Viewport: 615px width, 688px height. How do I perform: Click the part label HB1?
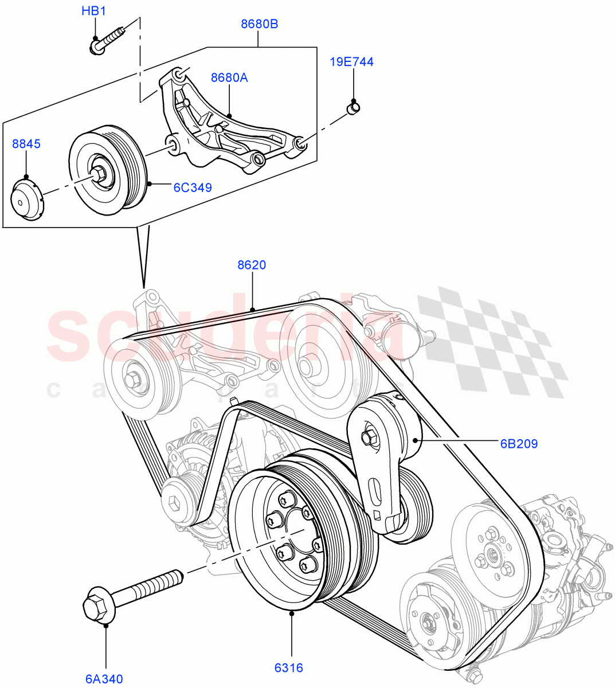point(94,11)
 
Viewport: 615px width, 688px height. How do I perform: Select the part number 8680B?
point(259,24)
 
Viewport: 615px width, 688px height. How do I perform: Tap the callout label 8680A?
point(229,77)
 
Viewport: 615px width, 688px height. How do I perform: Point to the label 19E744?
point(351,62)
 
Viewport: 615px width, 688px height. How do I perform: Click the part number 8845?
point(26,143)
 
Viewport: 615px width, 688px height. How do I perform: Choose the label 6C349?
point(193,187)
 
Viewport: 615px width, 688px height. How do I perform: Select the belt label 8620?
point(252,265)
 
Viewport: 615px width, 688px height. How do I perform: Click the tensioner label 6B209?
point(519,443)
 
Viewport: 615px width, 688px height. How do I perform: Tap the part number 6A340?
point(104,679)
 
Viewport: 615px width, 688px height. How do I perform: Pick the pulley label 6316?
point(288,667)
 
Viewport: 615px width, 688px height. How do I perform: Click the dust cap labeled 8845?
point(28,199)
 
